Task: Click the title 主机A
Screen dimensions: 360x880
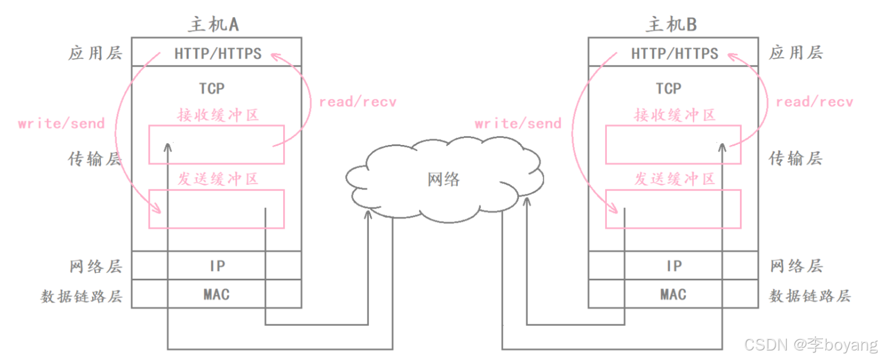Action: pos(214,24)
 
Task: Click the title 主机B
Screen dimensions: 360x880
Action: pos(672,24)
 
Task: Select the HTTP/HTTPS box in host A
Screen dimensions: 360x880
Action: pos(217,53)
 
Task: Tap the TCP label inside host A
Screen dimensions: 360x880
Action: pos(212,89)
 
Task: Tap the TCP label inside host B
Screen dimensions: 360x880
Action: pos(669,89)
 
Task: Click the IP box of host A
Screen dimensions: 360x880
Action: pos(217,266)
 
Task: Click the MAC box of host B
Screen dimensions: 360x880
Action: pos(673,294)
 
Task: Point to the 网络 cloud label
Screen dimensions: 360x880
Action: pos(444,179)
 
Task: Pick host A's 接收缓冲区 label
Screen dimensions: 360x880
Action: pos(218,115)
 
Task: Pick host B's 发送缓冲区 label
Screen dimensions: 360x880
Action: pos(675,179)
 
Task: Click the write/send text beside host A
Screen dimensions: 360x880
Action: pos(61,124)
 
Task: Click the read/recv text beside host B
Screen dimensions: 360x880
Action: pos(814,102)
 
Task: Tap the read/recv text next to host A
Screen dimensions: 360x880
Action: pos(357,102)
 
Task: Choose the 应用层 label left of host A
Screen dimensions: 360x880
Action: pos(95,53)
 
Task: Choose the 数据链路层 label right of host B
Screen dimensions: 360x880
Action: pos(810,295)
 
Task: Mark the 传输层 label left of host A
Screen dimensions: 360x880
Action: pos(95,159)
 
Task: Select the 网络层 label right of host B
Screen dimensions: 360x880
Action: pos(796,266)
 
